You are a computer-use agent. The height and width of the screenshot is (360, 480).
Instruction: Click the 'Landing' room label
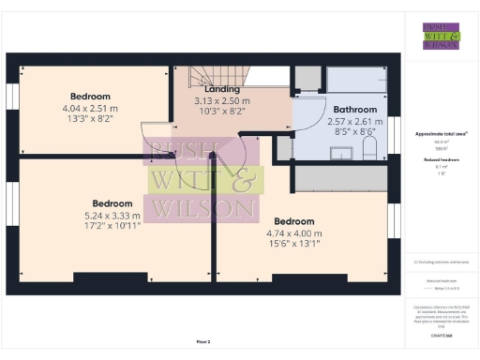pos(217,89)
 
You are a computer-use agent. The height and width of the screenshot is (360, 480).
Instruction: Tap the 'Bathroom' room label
pos(329,109)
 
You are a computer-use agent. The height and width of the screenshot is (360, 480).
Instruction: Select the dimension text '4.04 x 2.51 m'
pos(91,108)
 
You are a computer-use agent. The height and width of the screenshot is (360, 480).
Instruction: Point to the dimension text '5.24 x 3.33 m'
pos(115,214)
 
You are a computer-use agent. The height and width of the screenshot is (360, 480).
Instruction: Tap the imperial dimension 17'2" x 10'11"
pos(115,225)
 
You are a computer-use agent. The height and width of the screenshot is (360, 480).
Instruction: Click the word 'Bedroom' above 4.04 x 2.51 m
pos(91,96)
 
